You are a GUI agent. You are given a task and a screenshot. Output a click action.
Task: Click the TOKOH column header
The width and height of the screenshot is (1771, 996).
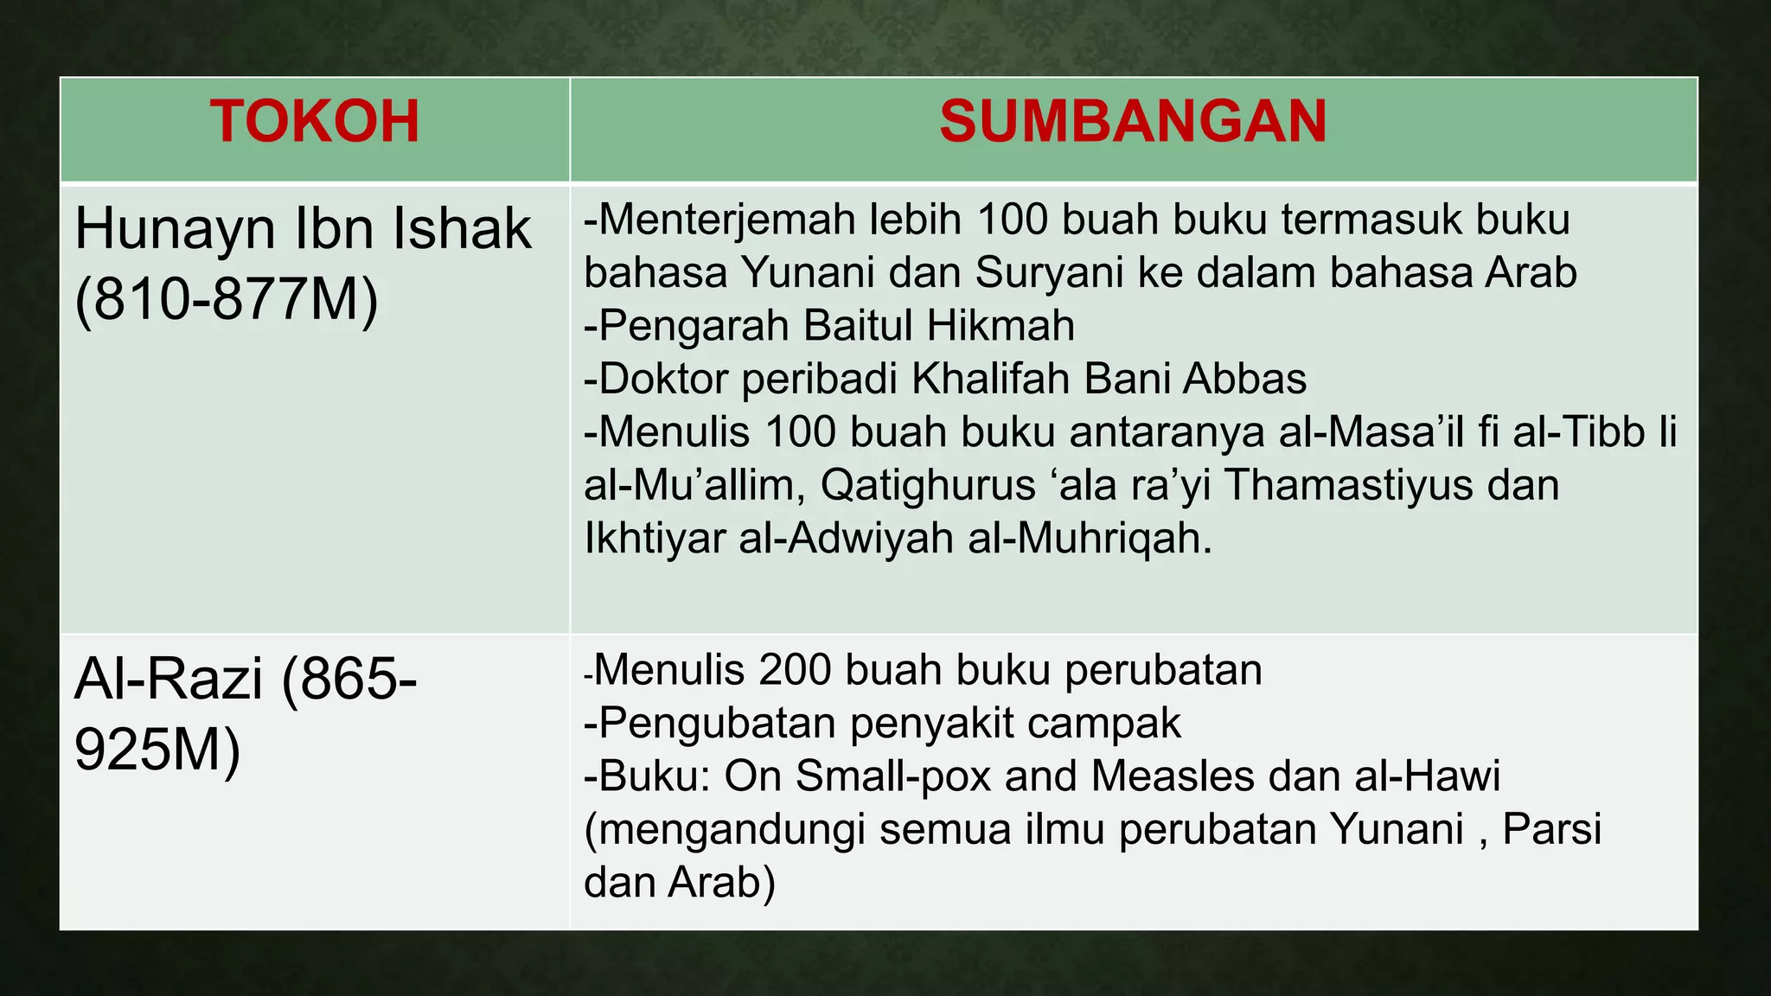click(314, 121)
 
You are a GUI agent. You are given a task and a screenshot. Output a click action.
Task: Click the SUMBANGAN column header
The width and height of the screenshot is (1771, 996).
click(1133, 121)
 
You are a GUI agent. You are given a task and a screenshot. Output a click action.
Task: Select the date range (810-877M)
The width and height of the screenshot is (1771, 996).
click(227, 300)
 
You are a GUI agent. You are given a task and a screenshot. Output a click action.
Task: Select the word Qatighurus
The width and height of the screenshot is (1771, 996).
click(927, 485)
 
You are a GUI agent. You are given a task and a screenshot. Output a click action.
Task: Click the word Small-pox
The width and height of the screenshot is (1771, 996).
click(893, 776)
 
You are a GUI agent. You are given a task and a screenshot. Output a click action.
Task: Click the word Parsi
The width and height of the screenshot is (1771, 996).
click(1551, 829)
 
